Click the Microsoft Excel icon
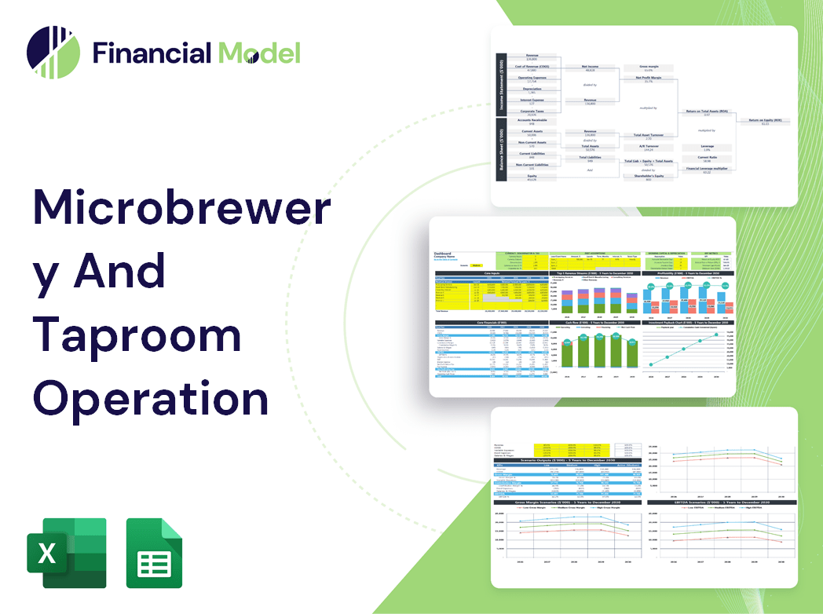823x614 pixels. tap(67, 553)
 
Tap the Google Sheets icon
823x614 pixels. tap(154, 553)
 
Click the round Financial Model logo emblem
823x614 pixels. tap(53, 53)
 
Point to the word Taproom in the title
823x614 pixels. tap(137, 337)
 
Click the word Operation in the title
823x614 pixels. tap(150, 398)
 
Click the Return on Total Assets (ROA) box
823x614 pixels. tap(706, 113)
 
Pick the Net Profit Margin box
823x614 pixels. tap(648, 79)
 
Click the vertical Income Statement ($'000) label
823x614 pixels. tap(500, 86)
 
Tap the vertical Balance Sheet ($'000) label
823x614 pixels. tap(500, 149)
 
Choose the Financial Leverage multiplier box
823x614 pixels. tap(706, 170)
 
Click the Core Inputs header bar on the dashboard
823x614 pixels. tap(491, 274)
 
